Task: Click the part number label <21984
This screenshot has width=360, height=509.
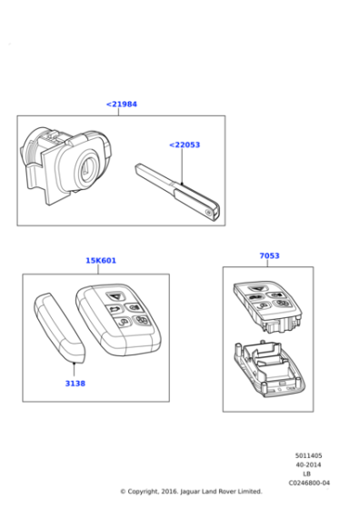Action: tap(121, 105)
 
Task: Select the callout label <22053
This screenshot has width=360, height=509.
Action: tap(185, 145)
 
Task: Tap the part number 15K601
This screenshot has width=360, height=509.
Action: tap(101, 261)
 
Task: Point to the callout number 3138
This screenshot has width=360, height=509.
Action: tap(75, 384)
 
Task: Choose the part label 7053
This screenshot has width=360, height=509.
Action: tap(269, 256)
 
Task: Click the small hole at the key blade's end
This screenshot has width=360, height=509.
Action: tap(211, 215)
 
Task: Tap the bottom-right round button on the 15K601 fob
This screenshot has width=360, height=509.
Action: tap(142, 321)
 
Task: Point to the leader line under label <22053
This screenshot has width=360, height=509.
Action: tap(182, 168)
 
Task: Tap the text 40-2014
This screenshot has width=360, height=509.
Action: tap(306, 464)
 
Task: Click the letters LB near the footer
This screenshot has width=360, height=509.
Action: tap(306, 474)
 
